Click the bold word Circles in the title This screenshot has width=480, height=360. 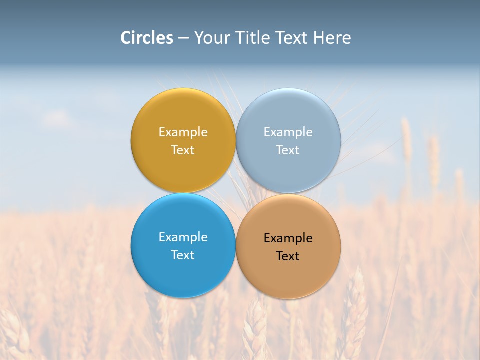(x=147, y=38)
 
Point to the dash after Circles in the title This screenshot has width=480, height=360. (x=183, y=38)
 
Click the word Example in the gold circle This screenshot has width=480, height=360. (x=183, y=132)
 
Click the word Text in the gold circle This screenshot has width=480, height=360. (x=183, y=150)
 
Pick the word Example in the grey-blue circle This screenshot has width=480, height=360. (x=288, y=132)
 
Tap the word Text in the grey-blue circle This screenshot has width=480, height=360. (x=288, y=150)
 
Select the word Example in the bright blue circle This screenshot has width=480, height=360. (x=183, y=237)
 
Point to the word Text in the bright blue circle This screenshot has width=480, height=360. (x=183, y=255)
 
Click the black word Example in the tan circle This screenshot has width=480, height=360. (x=288, y=238)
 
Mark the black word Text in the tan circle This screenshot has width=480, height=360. (x=288, y=256)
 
